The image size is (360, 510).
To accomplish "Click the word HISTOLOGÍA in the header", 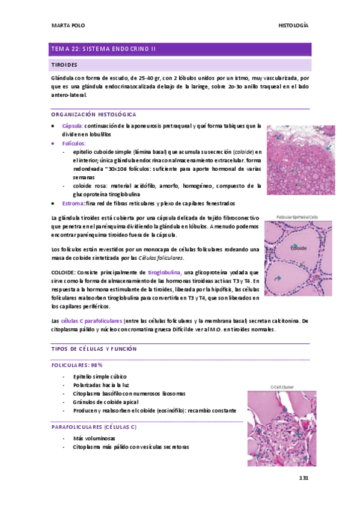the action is point(294,25).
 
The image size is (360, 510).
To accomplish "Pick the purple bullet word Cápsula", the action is point(72,126).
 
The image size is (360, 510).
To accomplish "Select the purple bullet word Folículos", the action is point(74,143).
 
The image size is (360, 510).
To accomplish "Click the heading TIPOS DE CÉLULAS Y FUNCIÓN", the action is point(95,349).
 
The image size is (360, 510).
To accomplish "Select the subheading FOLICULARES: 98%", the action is point(77,364).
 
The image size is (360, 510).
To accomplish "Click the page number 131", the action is point(304,478).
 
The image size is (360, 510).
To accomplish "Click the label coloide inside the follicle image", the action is point(299,248).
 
